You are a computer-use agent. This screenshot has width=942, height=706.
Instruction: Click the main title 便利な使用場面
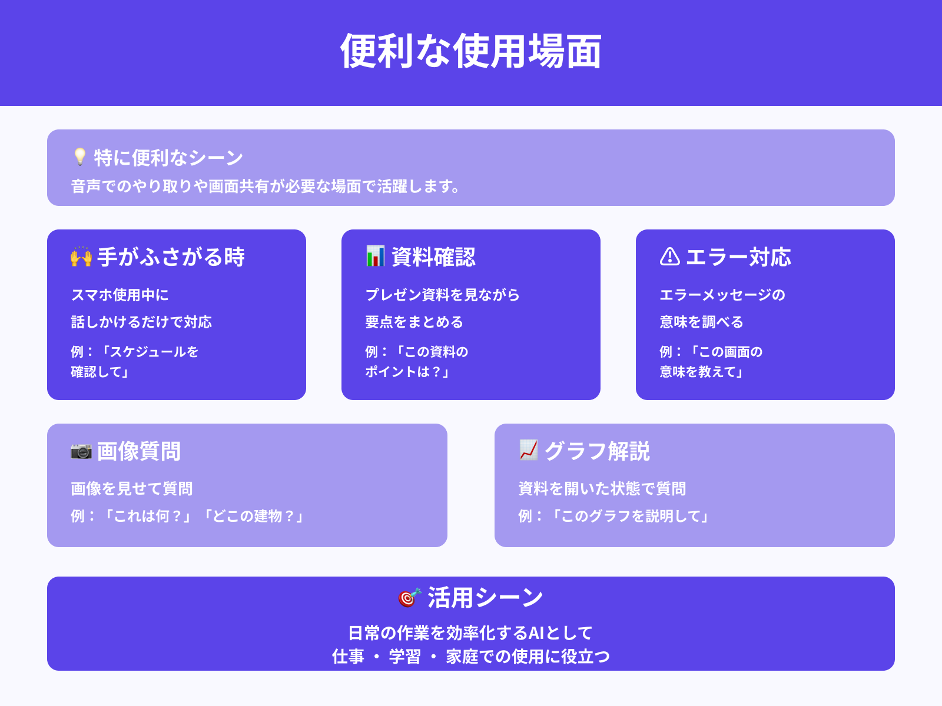click(471, 52)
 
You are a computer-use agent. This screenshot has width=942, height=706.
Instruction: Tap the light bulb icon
click(80, 156)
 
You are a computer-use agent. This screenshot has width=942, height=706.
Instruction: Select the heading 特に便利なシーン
click(168, 158)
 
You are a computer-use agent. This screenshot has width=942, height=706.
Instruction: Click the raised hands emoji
click(81, 257)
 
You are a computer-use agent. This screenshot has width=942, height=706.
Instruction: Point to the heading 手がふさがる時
click(171, 257)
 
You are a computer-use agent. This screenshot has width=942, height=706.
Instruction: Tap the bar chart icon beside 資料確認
click(376, 257)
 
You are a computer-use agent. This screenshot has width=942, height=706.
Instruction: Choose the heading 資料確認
click(433, 257)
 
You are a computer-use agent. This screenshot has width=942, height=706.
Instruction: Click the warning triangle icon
click(670, 257)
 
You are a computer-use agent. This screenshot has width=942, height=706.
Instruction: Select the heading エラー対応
click(738, 257)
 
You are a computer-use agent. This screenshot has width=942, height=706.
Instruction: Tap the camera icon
click(81, 451)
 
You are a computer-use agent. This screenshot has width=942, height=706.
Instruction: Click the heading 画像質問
click(139, 451)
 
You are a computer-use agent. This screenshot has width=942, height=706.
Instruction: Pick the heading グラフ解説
click(597, 451)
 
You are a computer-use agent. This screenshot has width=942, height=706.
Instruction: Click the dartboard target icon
click(410, 597)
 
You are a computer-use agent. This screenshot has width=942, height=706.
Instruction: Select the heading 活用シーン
click(485, 598)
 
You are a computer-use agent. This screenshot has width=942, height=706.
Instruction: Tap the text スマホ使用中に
click(120, 295)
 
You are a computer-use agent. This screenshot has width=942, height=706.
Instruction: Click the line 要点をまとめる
click(414, 322)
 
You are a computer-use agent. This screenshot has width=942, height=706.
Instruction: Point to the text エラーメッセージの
click(722, 295)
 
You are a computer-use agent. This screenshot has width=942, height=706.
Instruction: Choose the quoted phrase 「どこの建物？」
click(254, 516)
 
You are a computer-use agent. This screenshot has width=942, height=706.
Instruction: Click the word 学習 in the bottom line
click(405, 657)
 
